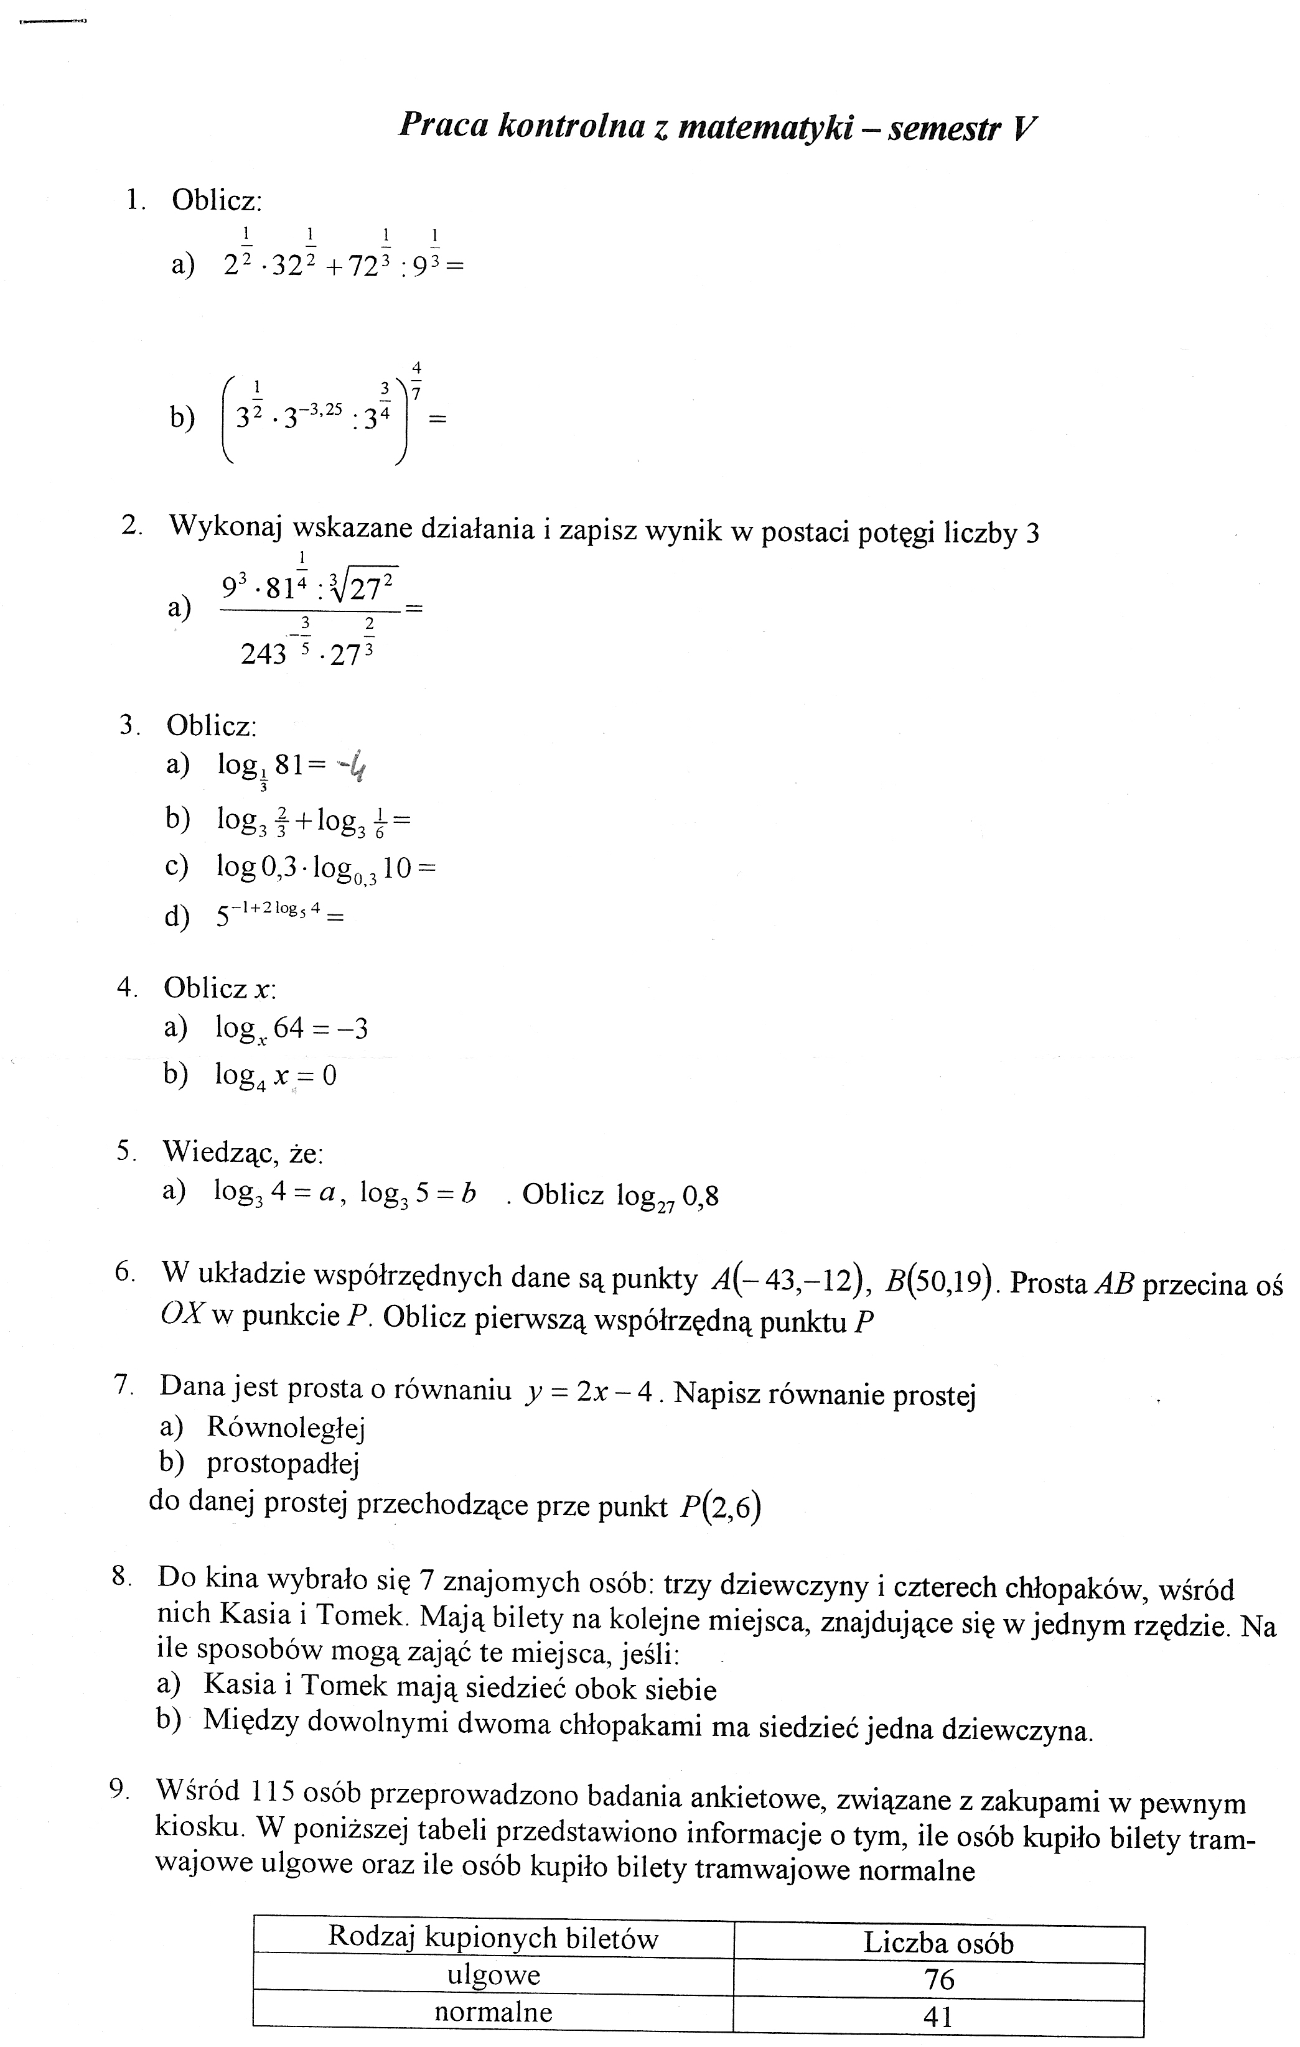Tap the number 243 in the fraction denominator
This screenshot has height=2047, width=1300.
point(264,654)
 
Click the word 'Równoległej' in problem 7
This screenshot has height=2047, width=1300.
point(286,1427)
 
